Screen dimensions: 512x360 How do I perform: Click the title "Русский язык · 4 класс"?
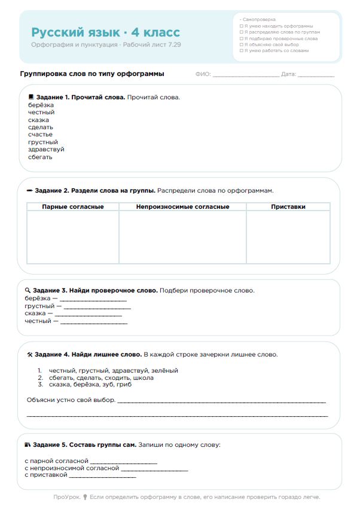[105, 32]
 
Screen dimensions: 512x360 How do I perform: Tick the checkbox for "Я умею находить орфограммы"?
[241, 26]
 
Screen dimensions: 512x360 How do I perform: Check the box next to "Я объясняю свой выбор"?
[241, 45]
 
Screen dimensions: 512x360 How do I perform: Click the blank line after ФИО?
[245, 75]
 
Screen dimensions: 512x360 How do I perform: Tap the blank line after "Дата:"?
[316, 75]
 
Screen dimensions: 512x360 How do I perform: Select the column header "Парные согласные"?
[73, 207]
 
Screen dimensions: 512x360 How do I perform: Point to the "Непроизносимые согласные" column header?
[182, 207]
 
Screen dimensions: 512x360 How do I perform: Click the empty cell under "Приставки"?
[288, 236]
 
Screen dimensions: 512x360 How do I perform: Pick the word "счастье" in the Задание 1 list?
[40, 135]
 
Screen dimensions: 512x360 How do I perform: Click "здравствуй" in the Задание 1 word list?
[46, 150]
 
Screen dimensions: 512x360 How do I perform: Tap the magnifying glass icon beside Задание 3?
[28, 290]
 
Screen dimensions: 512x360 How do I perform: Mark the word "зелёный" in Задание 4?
[164, 370]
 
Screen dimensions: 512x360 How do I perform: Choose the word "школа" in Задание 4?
[143, 377]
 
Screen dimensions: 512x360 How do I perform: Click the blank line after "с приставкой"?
[102, 476]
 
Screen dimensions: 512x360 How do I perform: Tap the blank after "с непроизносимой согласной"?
[155, 469]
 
